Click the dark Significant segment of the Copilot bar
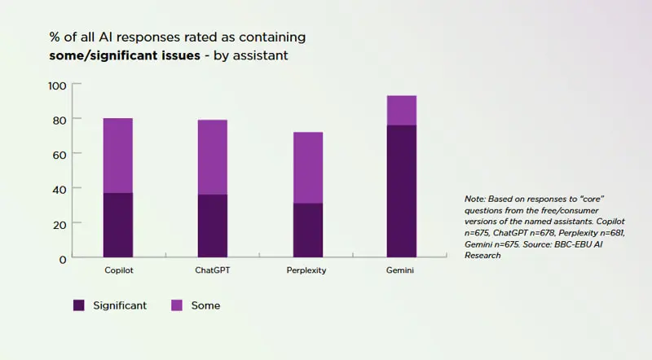[x=118, y=225]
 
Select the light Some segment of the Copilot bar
[x=118, y=156]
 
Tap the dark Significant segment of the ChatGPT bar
[x=213, y=226]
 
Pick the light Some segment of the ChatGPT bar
[x=213, y=157]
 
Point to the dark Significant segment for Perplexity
[x=307, y=230]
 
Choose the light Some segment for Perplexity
[x=307, y=168]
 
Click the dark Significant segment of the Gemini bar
[x=402, y=191]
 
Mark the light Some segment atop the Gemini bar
[x=402, y=111]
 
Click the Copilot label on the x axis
[x=119, y=270]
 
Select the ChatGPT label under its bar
[x=213, y=270]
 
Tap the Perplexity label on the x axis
[x=307, y=270]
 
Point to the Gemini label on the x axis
[x=401, y=270]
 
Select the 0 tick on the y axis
[x=63, y=258]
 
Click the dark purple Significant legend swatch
[x=79, y=305]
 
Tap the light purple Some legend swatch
[x=177, y=305]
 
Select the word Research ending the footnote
[x=481, y=255]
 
